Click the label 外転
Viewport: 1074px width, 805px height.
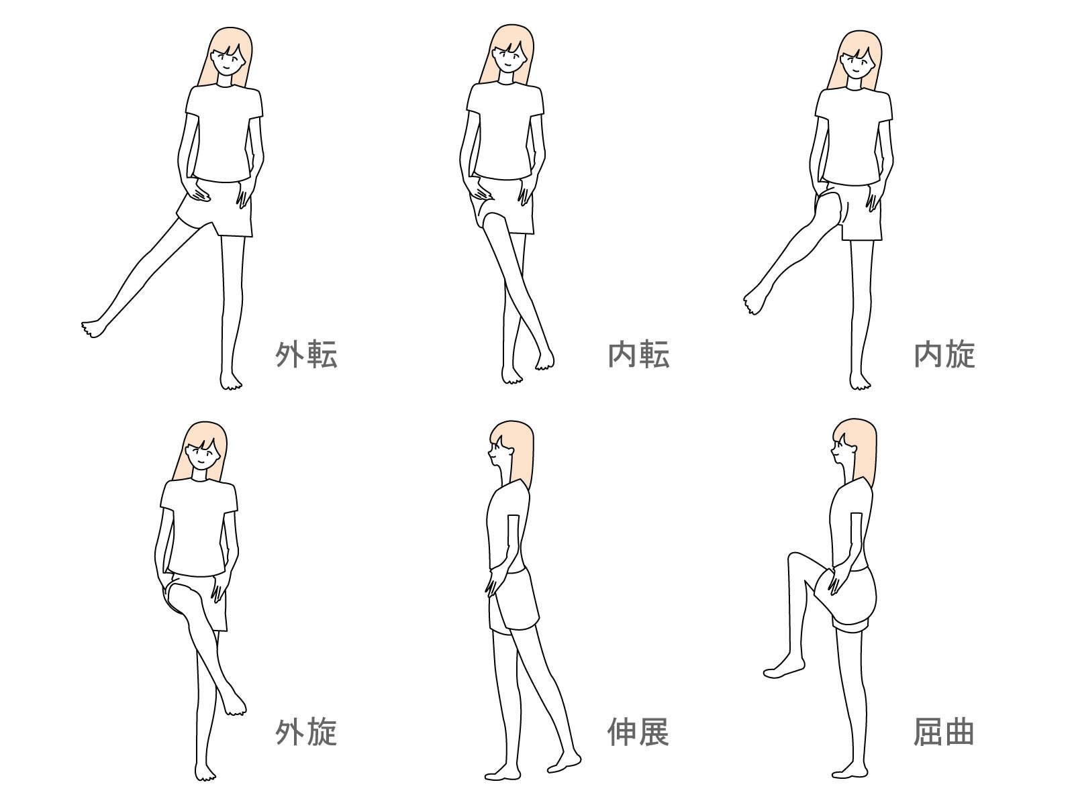click(x=306, y=354)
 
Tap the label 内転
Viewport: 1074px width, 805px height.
click(x=638, y=354)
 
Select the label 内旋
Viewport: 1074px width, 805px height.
click(x=944, y=354)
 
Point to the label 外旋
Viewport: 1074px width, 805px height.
click(x=306, y=732)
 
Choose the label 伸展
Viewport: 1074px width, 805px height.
click(x=638, y=732)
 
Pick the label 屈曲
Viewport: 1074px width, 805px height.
click(x=944, y=732)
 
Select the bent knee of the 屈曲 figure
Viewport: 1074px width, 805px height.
click(x=795, y=561)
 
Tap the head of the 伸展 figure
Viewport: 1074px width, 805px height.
click(x=511, y=446)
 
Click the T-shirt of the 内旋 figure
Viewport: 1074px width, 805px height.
click(x=854, y=134)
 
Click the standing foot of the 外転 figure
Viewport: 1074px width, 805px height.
click(x=231, y=381)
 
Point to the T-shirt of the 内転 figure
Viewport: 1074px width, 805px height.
click(x=505, y=131)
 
